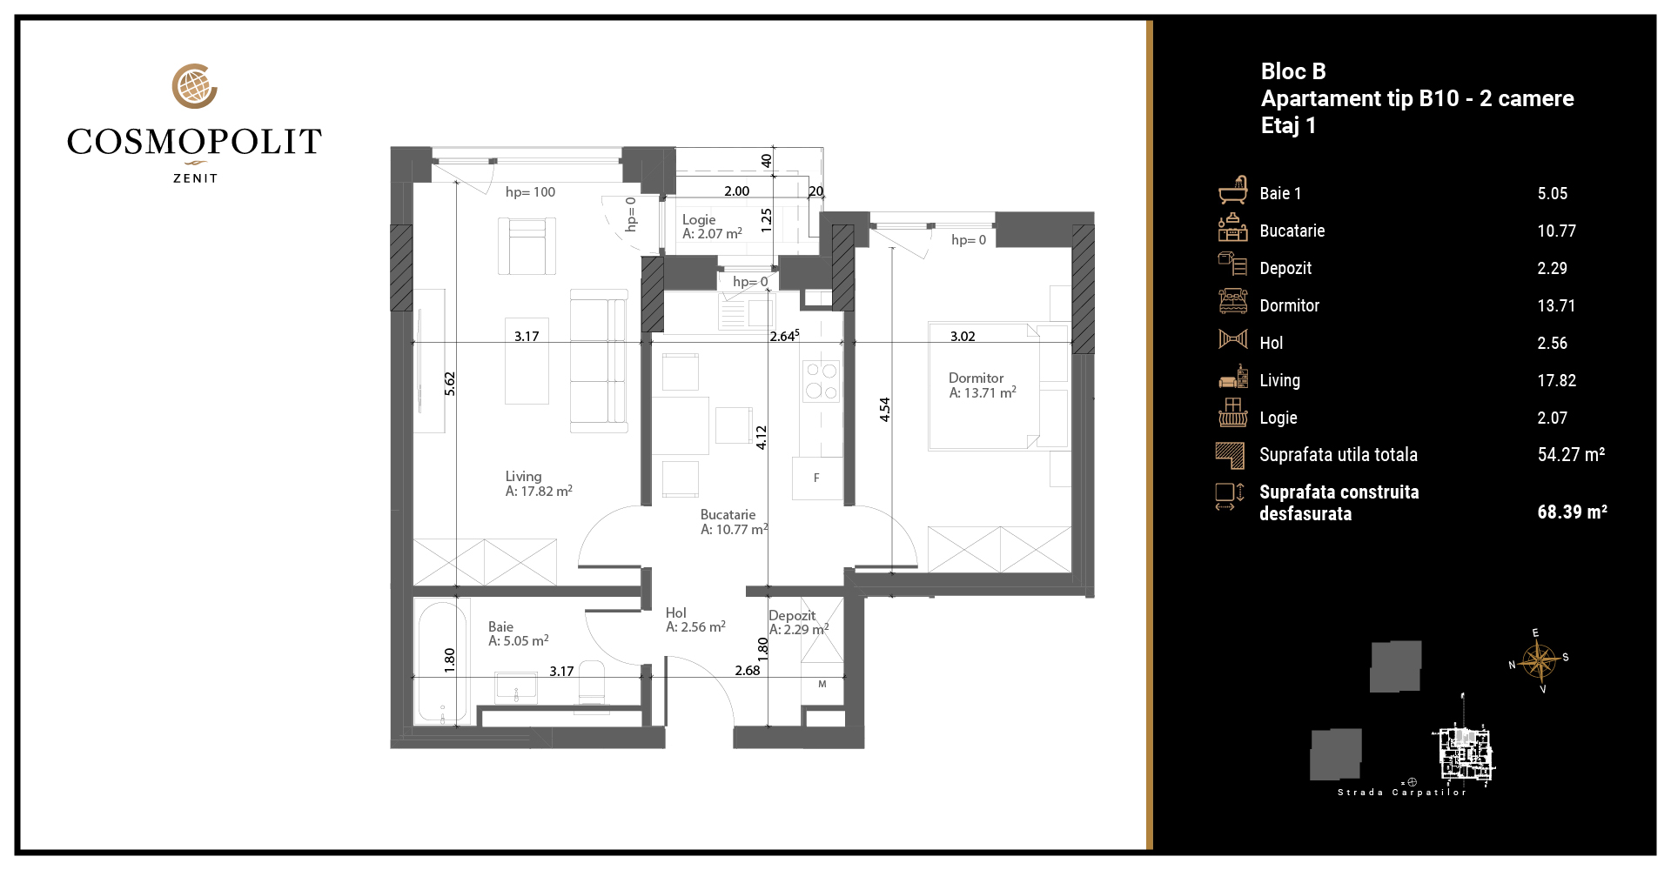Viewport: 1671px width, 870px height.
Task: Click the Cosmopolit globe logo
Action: [194, 86]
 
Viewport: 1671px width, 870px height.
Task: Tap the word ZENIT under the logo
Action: [196, 178]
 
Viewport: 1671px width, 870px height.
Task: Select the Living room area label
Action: [539, 484]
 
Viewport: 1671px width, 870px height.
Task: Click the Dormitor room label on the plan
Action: [982, 385]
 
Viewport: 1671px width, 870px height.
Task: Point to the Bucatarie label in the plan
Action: [734, 522]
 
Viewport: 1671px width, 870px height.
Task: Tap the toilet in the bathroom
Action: [592, 683]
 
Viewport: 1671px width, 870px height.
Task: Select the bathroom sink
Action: [516, 687]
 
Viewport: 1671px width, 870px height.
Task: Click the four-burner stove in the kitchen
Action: [821, 381]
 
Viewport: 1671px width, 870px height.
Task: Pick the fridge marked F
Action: [817, 478]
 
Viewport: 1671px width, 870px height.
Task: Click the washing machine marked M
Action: [822, 685]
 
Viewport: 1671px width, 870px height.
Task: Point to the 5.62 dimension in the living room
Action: [450, 384]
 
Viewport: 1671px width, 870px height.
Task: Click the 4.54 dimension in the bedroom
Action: [885, 409]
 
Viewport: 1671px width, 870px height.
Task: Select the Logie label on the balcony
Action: [712, 227]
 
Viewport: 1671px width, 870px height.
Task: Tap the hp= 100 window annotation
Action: [530, 192]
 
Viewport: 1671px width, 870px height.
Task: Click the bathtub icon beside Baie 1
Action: [1233, 190]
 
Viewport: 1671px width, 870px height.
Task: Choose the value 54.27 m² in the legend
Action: [1571, 454]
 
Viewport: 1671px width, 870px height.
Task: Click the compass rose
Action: [1540, 661]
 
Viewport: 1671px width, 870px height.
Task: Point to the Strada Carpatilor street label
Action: [1402, 793]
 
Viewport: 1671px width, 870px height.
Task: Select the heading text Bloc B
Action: [1293, 71]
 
